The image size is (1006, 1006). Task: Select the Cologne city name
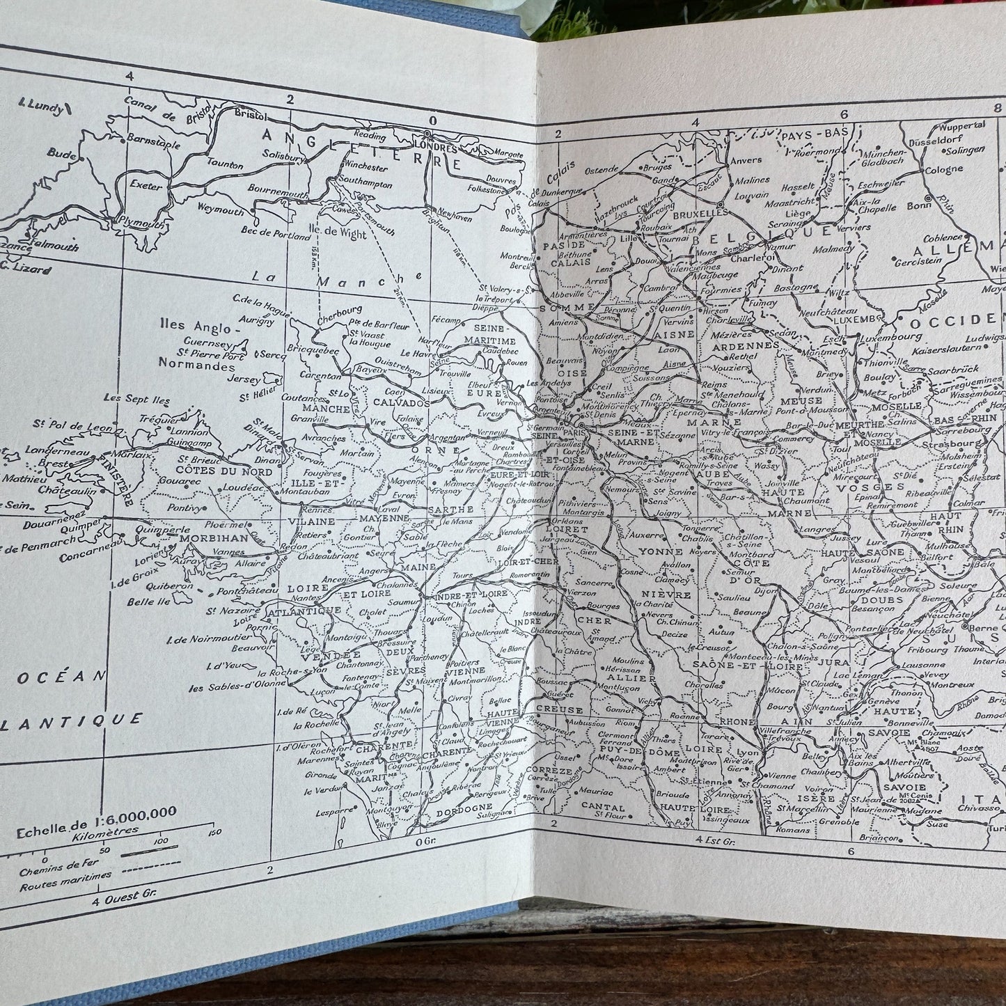coord(944,169)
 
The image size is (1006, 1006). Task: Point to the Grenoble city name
coord(838,822)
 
